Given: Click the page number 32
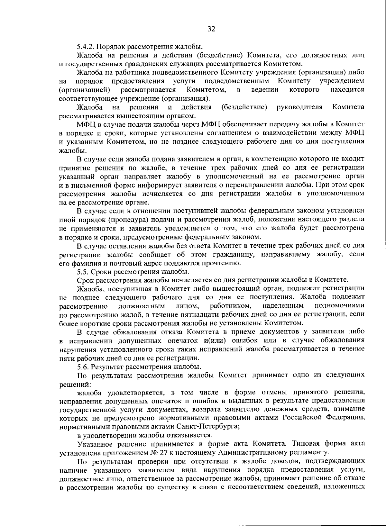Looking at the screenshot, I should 211,29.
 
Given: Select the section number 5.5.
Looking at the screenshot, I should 83,272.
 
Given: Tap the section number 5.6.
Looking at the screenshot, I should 83,367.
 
